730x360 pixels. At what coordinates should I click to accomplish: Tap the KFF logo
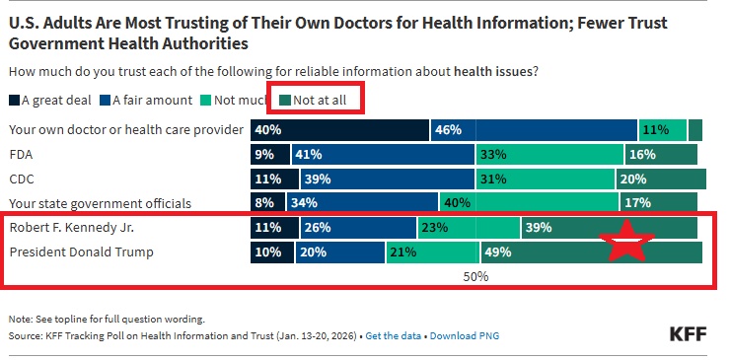tap(689, 333)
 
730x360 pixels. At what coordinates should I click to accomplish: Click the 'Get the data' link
tap(395, 336)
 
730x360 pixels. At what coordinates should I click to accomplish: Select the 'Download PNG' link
tap(465, 336)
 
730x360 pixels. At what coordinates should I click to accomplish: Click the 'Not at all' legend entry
tap(315, 100)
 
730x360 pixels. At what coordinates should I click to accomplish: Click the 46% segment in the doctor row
tap(534, 130)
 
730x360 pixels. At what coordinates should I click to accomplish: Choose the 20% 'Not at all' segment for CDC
tap(660, 180)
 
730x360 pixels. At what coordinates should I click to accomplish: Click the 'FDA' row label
tap(21, 155)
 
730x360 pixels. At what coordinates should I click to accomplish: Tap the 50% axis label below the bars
tap(475, 277)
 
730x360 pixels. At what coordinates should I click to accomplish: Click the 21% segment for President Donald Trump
tap(432, 252)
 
